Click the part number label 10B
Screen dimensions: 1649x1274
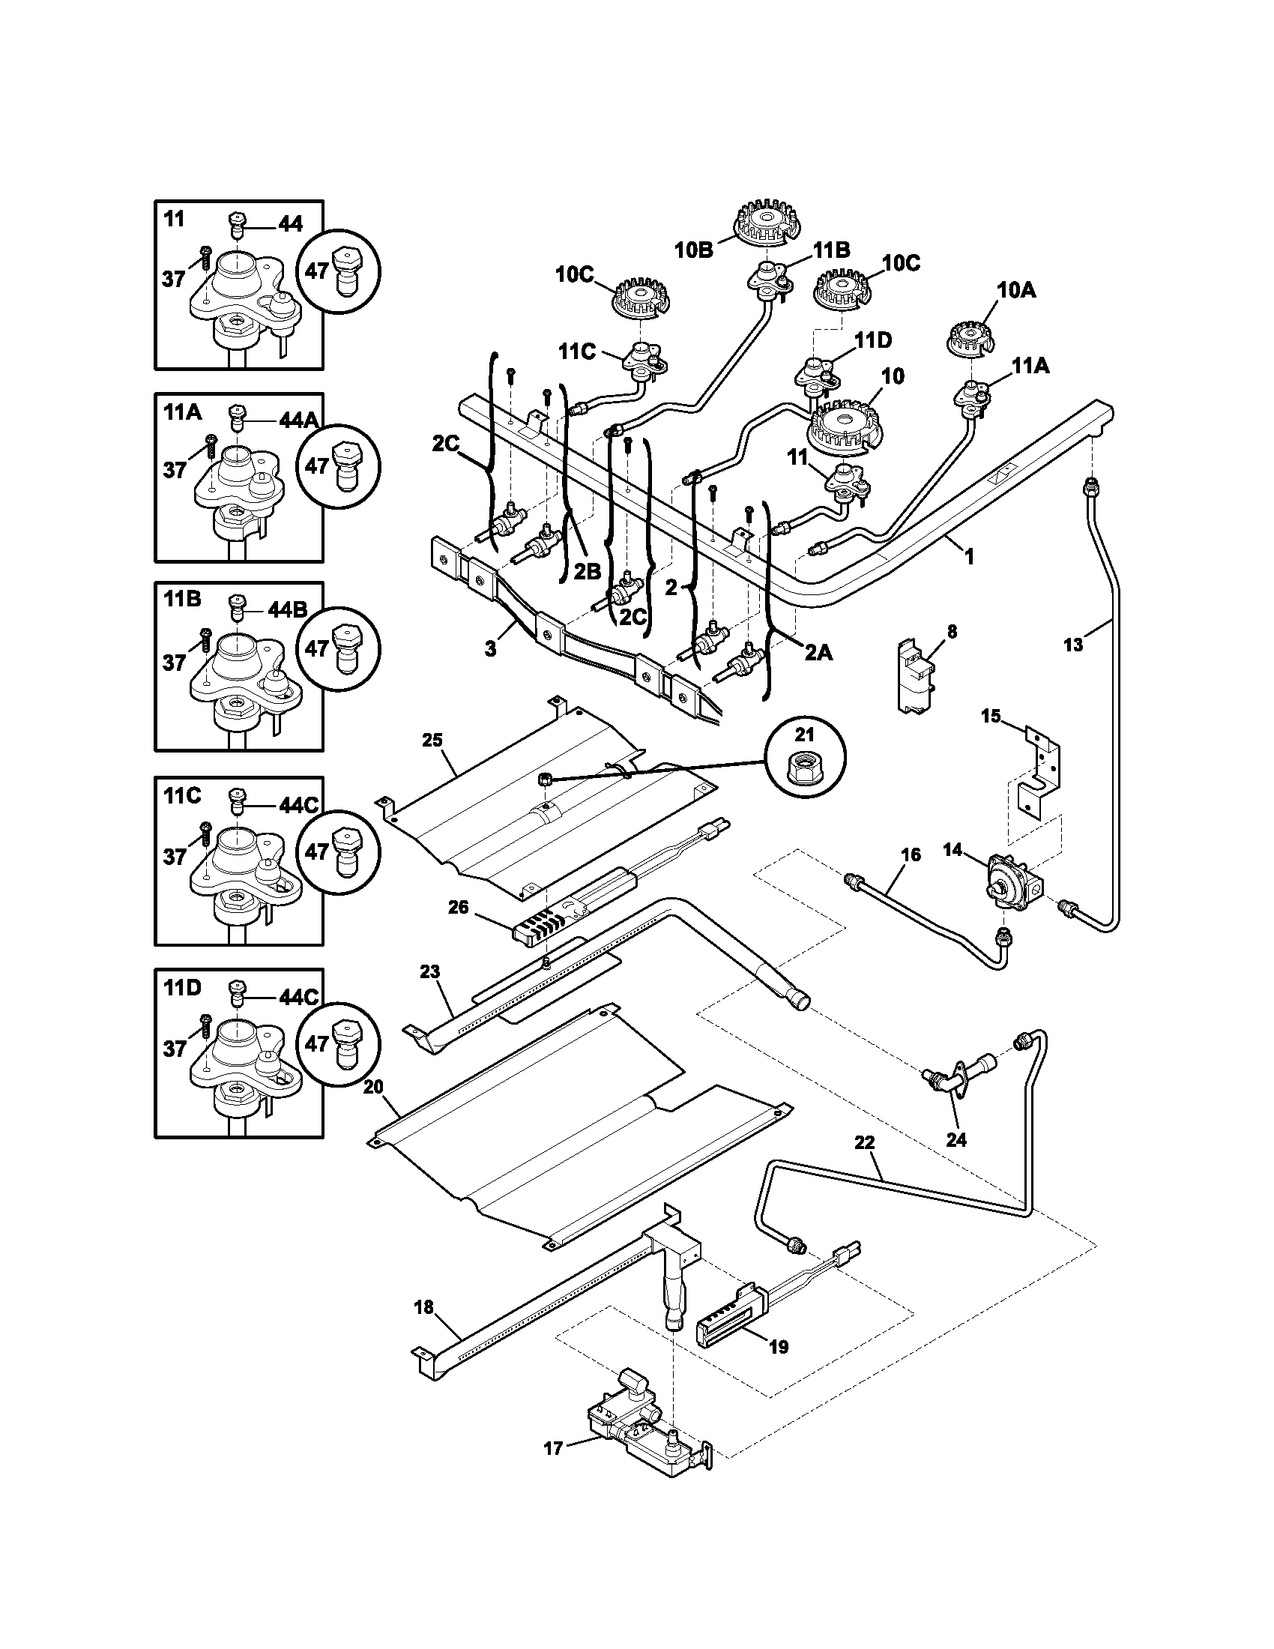(x=694, y=250)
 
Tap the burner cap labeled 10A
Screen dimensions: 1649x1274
(x=970, y=337)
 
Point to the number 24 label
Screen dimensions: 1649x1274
(x=955, y=1139)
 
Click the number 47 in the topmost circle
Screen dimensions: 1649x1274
(x=318, y=271)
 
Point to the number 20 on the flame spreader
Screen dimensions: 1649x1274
(x=373, y=1087)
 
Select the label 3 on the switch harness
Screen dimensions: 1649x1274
(x=491, y=648)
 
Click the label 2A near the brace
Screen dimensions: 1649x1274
(x=818, y=652)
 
